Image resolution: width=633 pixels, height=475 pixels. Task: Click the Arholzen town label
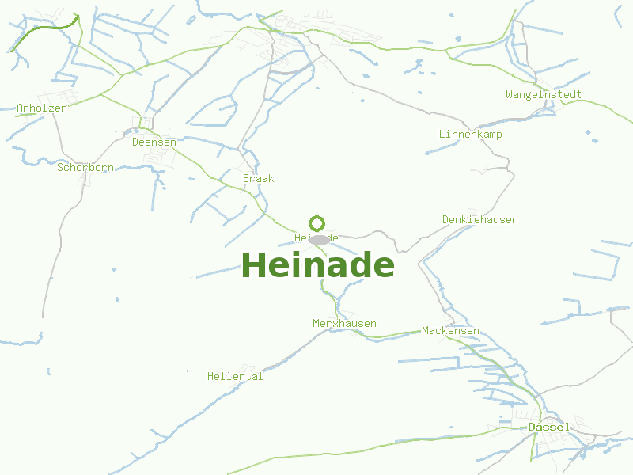point(42,108)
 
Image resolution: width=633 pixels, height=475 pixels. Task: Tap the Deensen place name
point(154,142)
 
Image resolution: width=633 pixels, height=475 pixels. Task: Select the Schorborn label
point(85,168)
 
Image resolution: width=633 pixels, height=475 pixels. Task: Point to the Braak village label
point(258,179)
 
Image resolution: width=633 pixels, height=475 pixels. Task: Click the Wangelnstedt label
point(544,95)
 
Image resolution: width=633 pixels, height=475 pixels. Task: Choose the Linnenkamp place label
point(471,135)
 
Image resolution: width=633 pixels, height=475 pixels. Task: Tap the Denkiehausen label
point(480,220)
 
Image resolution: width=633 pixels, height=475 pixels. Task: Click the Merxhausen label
point(344,324)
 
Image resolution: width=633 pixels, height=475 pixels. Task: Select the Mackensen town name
point(450,331)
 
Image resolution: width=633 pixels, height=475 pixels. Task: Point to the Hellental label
point(235,377)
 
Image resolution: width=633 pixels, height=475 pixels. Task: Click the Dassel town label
point(548,427)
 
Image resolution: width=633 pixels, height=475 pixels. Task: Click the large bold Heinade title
point(317,265)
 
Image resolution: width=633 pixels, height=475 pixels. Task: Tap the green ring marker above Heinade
point(317,223)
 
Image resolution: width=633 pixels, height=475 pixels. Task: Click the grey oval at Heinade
point(319,240)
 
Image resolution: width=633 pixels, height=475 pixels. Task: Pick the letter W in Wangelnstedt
point(510,95)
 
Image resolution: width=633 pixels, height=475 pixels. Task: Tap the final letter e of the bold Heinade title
point(384,268)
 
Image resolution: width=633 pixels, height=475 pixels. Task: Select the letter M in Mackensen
point(426,331)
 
